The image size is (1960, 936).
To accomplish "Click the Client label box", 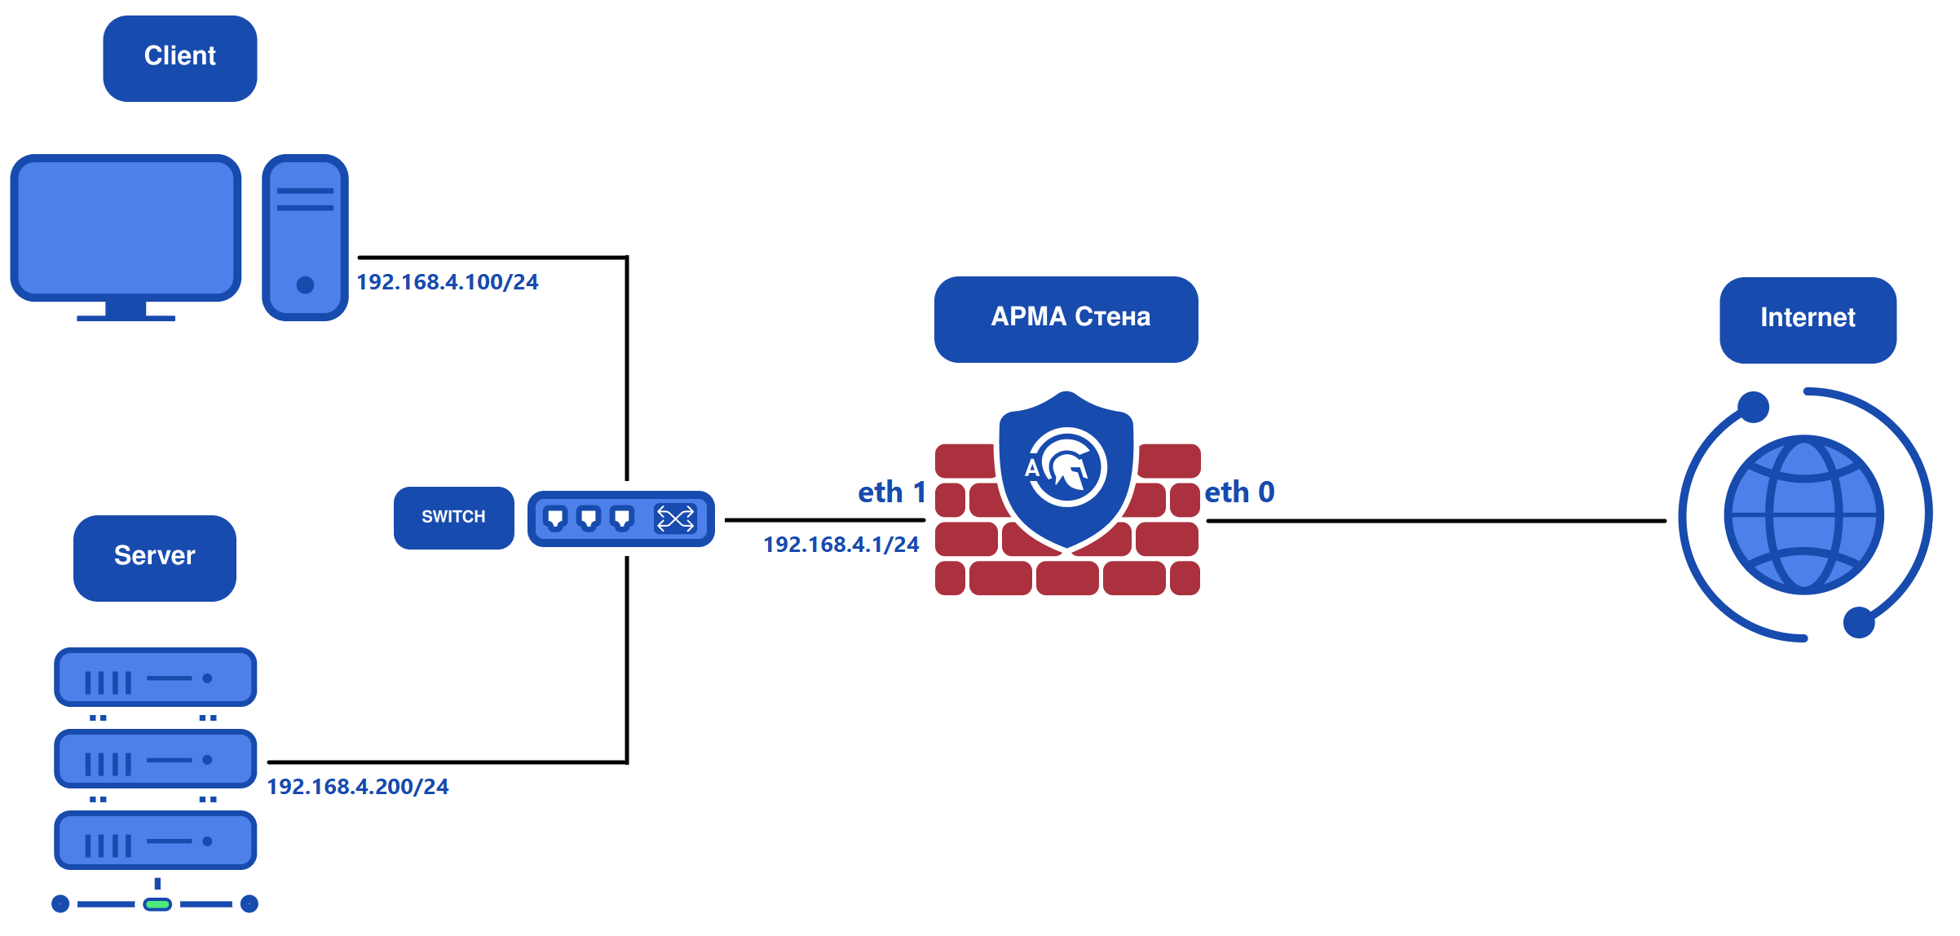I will [x=179, y=58].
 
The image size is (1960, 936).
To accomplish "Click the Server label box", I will [x=154, y=558].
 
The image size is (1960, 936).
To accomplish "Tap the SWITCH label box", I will [x=453, y=518].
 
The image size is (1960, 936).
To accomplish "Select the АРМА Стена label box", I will [x=1066, y=319].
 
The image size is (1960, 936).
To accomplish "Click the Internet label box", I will [x=1808, y=320].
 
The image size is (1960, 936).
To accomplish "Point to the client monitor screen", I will [x=126, y=227].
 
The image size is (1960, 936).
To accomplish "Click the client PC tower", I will [x=305, y=237].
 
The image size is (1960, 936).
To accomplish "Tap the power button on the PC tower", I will [x=305, y=285].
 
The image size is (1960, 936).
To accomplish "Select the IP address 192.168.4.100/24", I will [x=448, y=282].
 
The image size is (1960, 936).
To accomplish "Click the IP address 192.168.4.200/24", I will [x=358, y=787].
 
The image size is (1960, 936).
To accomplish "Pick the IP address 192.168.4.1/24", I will [x=841, y=545].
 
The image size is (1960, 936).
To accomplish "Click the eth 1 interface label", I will [x=891, y=492].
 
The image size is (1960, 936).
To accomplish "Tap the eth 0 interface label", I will [x=1239, y=492].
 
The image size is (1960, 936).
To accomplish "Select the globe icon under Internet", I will [x=1803, y=514].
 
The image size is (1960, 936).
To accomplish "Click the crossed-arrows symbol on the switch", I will [x=676, y=519].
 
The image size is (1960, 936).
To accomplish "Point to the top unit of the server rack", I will [x=155, y=678].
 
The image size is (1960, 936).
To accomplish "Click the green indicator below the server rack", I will [x=157, y=904].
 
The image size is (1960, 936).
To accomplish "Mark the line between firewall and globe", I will [x=1435, y=520].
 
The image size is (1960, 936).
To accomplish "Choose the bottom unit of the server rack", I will [x=155, y=841].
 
